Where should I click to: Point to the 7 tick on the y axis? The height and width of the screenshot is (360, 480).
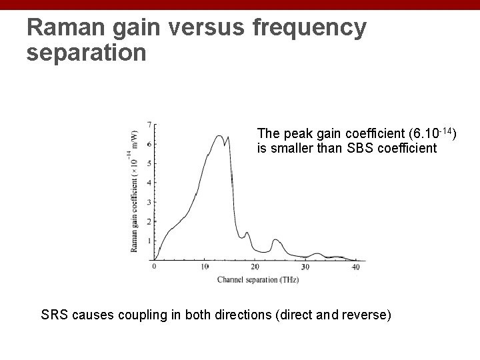[x=149, y=125]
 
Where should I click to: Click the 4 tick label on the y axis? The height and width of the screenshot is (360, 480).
[x=149, y=183]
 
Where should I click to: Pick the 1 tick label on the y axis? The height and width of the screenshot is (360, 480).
[x=149, y=241]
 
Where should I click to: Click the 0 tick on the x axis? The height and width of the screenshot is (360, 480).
[x=155, y=267]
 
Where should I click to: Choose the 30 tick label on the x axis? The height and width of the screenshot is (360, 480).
[x=305, y=267]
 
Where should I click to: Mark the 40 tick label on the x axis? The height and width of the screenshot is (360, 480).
[x=355, y=267]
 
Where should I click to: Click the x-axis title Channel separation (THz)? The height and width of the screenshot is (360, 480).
[x=258, y=280]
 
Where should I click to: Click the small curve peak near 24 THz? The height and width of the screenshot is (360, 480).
[x=275, y=239]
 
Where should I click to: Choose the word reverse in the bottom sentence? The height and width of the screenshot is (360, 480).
[x=365, y=314]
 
